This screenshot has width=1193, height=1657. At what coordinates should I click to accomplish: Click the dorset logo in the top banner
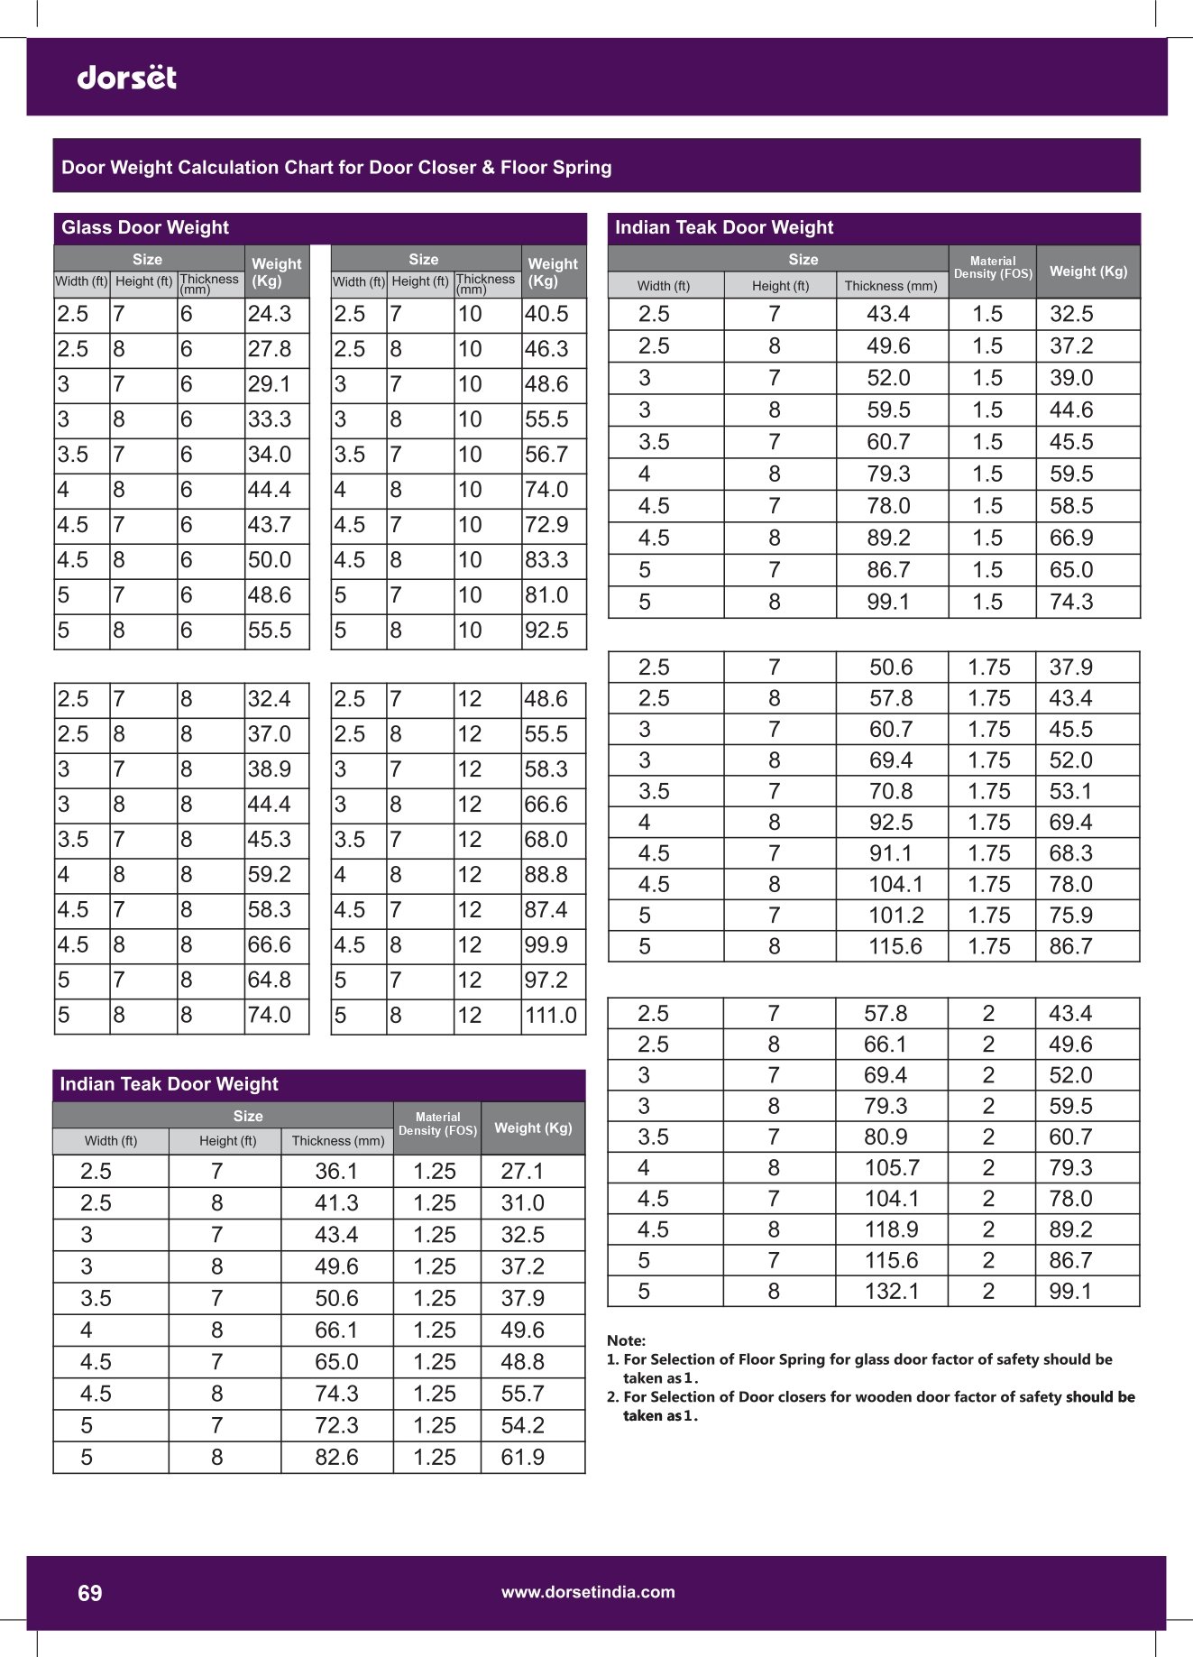[x=127, y=78]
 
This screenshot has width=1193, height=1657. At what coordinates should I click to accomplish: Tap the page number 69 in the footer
[x=90, y=1593]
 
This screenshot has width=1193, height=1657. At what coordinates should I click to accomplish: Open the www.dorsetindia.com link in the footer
[x=588, y=1592]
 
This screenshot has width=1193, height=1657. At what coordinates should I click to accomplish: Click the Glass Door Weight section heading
[x=145, y=227]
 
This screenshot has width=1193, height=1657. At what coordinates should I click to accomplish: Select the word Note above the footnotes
[x=626, y=1340]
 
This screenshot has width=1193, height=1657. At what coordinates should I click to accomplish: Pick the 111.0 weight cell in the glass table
[x=551, y=1016]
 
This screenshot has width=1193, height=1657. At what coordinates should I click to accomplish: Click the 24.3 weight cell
[x=270, y=314]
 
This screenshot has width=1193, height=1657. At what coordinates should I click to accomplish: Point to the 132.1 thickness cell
[x=892, y=1292]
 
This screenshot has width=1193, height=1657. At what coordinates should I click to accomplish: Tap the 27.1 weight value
[x=522, y=1172]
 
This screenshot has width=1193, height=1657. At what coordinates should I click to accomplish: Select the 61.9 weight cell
[x=522, y=1458]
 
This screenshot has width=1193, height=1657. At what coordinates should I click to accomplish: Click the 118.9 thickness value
[x=892, y=1229]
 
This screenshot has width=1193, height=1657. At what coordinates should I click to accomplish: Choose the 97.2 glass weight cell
[x=546, y=980]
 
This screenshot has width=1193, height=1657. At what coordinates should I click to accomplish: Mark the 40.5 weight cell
[x=546, y=314]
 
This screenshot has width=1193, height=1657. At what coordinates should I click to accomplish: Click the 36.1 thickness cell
[x=336, y=1172]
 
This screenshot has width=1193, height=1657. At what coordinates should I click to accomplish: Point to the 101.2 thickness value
[x=895, y=916]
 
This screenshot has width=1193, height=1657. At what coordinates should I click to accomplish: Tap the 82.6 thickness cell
[x=336, y=1458]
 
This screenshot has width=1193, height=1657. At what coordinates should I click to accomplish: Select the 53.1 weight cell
[x=1070, y=792]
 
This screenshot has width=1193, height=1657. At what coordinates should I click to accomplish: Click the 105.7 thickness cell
[x=892, y=1168]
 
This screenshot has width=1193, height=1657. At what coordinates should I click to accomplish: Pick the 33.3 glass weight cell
[x=270, y=419]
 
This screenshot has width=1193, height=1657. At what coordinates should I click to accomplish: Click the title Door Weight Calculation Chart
[x=336, y=168]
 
